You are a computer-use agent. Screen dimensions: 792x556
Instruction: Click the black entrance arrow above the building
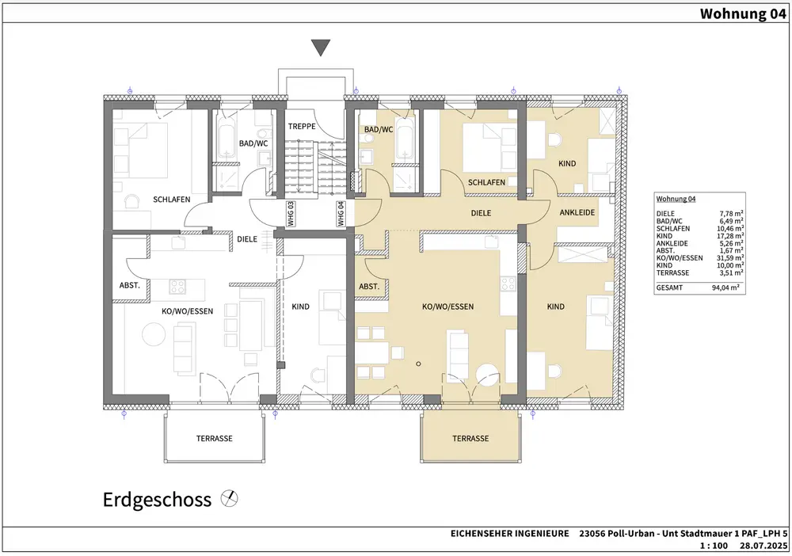[x=321, y=48]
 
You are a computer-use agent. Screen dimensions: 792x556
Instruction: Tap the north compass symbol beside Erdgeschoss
[x=230, y=499]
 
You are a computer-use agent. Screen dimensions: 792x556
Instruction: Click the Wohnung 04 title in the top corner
[x=743, y=13]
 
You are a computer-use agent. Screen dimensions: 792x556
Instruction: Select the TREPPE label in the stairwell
[x=302, y=126]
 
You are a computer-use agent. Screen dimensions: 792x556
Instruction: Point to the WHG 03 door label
[x=291, y=214]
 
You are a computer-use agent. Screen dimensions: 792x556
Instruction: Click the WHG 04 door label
[x=341, y=214]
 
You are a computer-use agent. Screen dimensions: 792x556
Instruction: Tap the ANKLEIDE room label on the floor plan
[x=577, y=212]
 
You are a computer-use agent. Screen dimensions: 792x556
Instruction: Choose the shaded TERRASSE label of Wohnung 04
[x=470, y=438]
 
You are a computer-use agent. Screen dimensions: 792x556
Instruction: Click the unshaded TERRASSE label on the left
[x=215, y=438]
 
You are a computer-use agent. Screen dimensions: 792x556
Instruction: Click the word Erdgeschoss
[x=157, y=500]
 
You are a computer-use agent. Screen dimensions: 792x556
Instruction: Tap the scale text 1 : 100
[x=714, y=546]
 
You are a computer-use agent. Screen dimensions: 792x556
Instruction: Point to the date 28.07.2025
[x=763, y=546]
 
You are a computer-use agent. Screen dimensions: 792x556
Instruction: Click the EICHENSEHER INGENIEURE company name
[x=509, y=533]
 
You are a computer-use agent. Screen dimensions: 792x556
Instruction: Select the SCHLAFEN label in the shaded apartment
[x=486, y=182]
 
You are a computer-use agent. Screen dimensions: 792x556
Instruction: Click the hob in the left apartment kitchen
[x=177, y=287]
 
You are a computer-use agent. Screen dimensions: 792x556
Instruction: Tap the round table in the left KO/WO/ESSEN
[x=154, y=334]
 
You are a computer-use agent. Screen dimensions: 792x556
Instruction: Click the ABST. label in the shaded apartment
[x=369, y=287]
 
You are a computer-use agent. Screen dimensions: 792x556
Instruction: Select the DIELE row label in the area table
[x=665, y=214]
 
